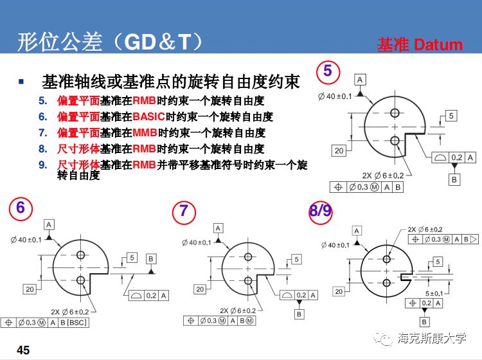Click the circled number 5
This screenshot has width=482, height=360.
(x=328, y=71)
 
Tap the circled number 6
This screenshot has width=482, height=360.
(x=21, y=208)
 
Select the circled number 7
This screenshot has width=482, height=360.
(x=184, y=211)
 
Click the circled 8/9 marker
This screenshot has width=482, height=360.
(x=320, y=212)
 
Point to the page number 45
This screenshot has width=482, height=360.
(x=23, y=350)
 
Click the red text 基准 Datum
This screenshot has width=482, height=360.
(x=420, y=45)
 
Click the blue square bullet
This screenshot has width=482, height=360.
(x=22, y=82)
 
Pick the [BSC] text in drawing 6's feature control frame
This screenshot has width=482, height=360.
(x=76, y=322)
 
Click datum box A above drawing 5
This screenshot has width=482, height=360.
(x=359, y=79)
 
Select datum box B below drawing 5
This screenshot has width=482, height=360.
(x=454, y=179)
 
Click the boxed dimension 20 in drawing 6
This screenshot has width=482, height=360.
(x=30, y=289)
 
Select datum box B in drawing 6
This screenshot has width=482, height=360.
(x=151, y=258)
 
